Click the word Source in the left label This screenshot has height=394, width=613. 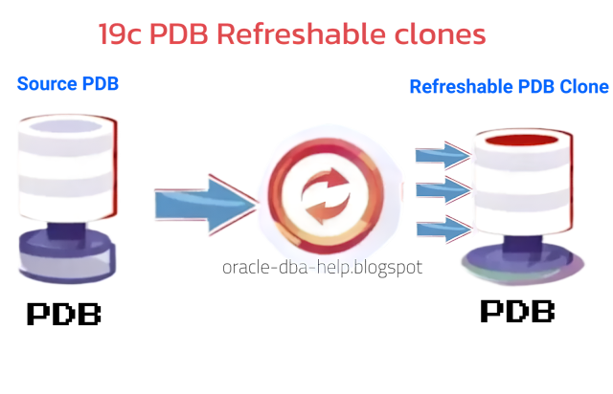[46, 85]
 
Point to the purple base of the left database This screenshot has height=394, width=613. [67, 253]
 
